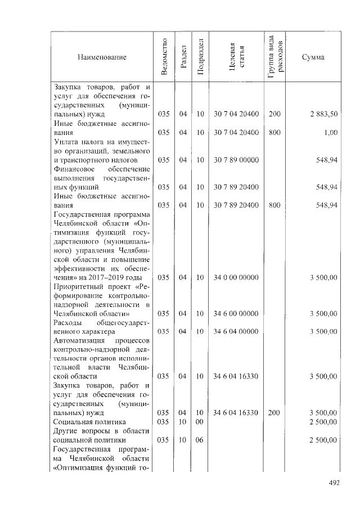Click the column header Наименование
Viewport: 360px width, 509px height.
pyautogui.click(x=102, y=57)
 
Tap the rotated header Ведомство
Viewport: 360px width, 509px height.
pyautogui.click(x=164, y=57)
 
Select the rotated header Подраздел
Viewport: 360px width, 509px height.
pyautogui.click(x=200, y=57)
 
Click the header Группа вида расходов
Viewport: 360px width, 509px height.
pyautogui.click(x=276, y=57)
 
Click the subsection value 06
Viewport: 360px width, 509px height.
pyautogui.click(x=199, y=440)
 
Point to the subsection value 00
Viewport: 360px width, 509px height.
pyautogui.click(x=199, y=421)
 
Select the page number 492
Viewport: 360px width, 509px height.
pyautogui.click(x=335, y=482)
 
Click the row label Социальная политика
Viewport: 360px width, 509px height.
pyautogui.click(x=89, y=421)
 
